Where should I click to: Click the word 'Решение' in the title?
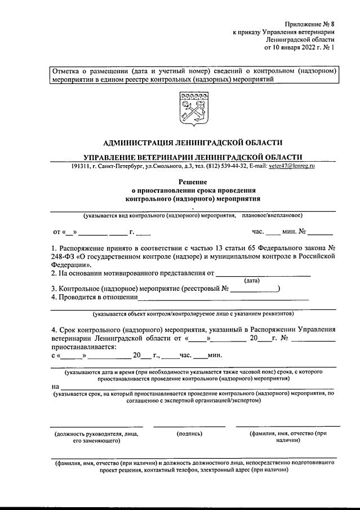(193, 182)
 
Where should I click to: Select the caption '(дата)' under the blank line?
(252, 281)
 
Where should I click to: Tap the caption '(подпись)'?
(189, 434)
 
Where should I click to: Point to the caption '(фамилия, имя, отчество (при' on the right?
(288, 434)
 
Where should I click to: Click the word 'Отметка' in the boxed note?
(66, 72)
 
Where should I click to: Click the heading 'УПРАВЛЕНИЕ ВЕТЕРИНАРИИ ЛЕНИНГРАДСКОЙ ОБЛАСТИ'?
(193, 157)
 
